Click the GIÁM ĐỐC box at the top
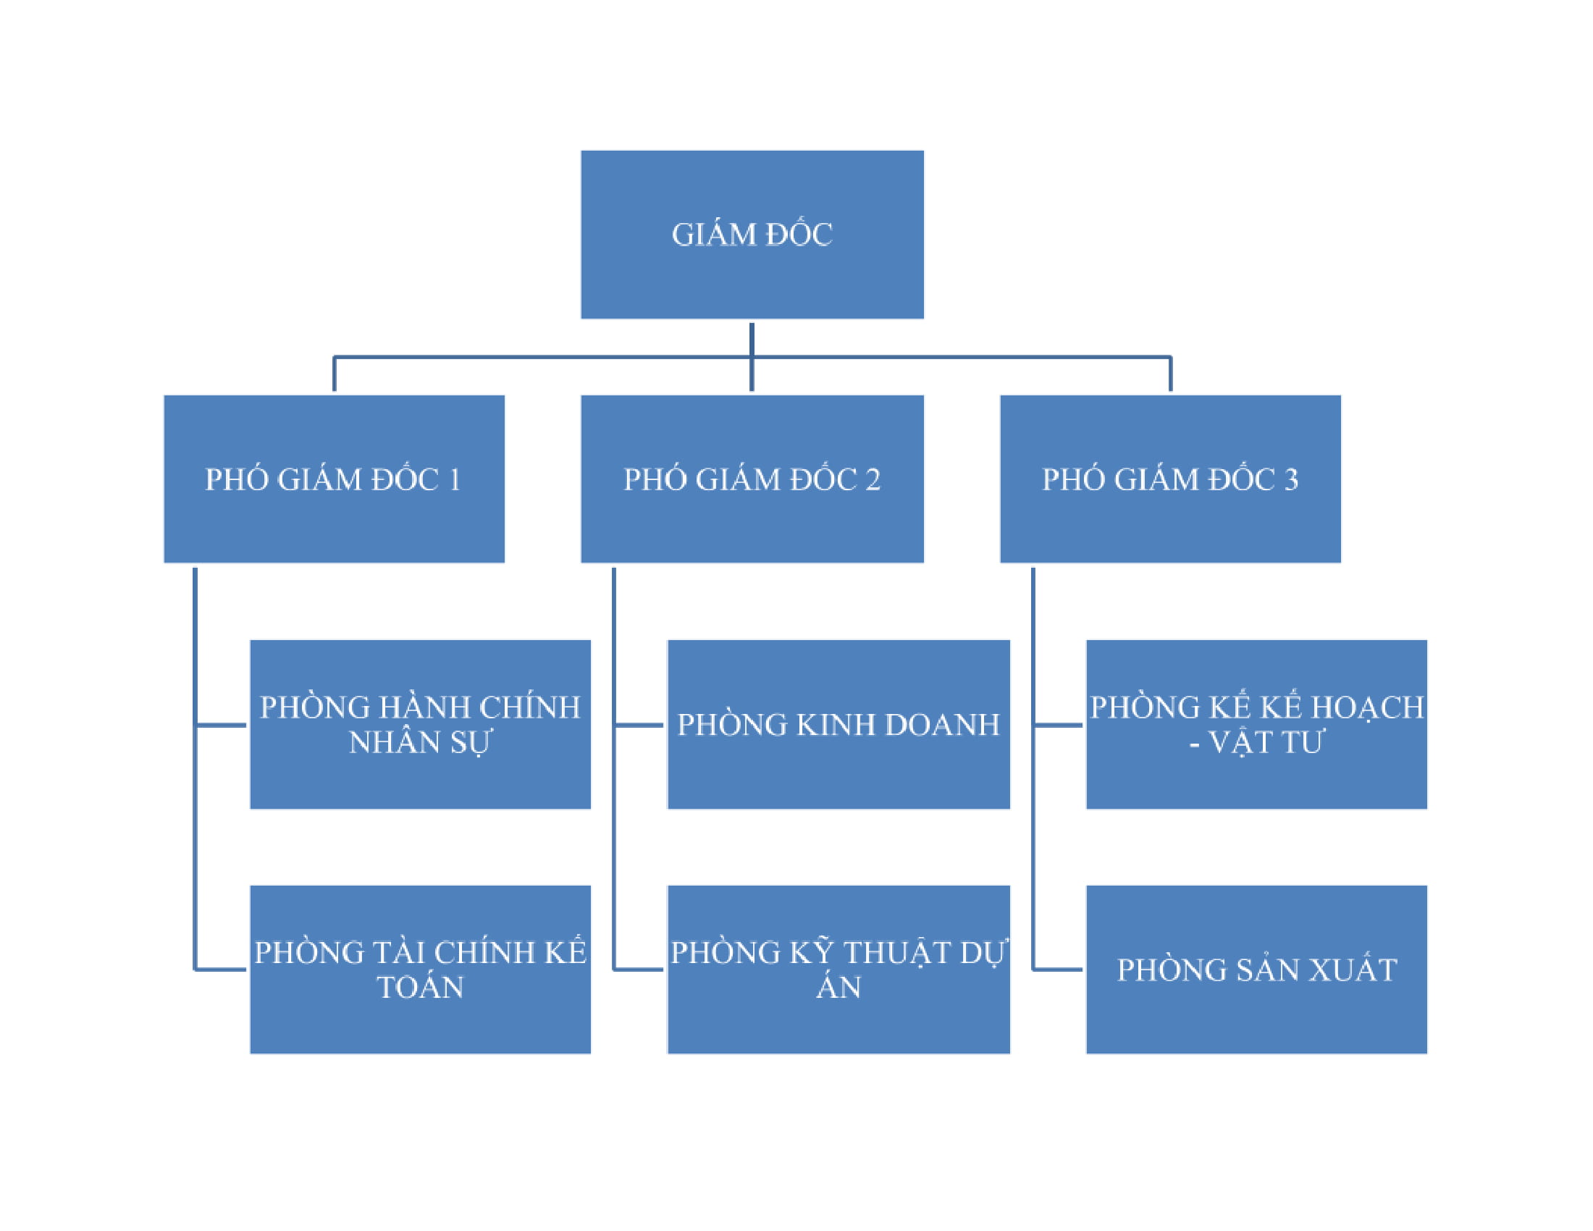point(752,234)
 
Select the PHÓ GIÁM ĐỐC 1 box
point(334,479)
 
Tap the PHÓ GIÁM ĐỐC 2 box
point(752,479)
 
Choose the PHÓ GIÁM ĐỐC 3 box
point(1170,479)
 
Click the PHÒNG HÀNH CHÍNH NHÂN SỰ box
point(420,724)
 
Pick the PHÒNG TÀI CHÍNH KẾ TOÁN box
point(420,969)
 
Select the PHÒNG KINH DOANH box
point(838,724)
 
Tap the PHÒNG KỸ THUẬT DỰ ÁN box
point(838,969)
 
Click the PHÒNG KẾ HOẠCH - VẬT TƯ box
point(1256,724)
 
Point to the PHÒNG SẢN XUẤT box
point(1256,969)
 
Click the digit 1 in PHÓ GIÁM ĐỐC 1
point(455,480)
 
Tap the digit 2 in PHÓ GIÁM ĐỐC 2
point(873,480)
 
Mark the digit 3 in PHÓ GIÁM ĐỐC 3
point(1291,480)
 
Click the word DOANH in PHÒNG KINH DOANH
point(941,725)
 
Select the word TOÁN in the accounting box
point(420,988)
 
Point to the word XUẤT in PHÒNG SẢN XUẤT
point(1353,970)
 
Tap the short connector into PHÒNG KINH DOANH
point(639,725)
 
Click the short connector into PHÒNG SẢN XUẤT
point(1058,969)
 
